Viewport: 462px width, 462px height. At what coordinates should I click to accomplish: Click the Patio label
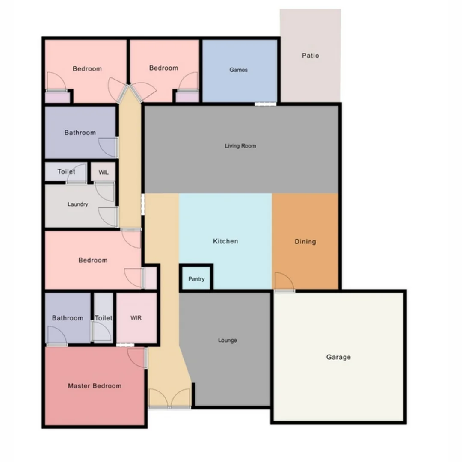pos(310,56)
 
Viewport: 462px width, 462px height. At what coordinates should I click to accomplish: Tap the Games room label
pos(238,70)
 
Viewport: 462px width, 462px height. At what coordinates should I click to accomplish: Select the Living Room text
pos(240,146)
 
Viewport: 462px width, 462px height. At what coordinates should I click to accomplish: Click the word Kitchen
pos(225,241)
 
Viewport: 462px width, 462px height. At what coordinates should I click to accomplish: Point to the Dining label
pos(305,242)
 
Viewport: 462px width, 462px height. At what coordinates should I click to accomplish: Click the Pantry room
pos(196,279)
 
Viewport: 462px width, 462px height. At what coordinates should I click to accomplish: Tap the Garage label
pos(338,357)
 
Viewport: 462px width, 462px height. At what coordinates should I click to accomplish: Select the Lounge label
pos(228,341)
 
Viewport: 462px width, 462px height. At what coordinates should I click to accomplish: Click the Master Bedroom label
pos(95,386)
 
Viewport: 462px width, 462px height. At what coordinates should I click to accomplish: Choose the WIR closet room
pos(136,318)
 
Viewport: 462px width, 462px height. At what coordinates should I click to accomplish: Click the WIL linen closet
pos(104,172)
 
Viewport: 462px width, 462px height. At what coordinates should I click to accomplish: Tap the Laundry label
pos(78,204)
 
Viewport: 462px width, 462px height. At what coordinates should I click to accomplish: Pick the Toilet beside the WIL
pos(66,172)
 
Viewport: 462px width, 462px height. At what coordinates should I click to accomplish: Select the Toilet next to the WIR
pos(104,318)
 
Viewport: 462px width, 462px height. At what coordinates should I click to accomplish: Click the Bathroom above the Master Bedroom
pos(68,318)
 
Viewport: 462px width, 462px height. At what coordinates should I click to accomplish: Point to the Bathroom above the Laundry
pos(80,133)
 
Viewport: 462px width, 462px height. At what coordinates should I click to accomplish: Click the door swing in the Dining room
pos(284,282)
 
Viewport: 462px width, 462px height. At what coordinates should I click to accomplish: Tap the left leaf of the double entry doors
pos(159,398)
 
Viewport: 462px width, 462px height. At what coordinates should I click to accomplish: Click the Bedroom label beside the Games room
pos(163,68)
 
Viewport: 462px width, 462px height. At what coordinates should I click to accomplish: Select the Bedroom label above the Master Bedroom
pos(93,260)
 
